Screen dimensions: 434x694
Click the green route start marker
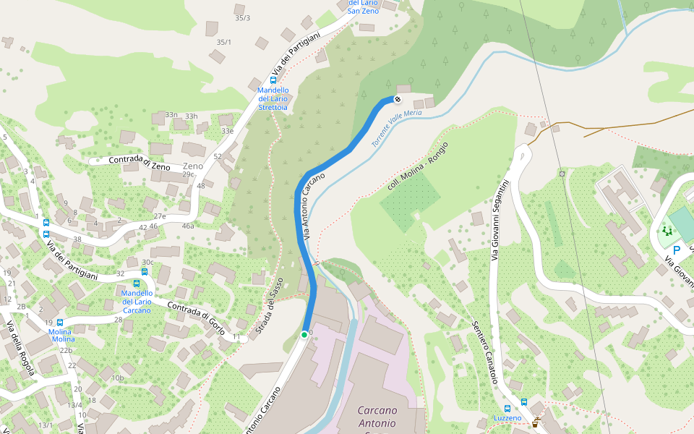304,334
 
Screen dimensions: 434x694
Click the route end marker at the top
397,98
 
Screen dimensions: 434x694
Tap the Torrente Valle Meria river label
396,128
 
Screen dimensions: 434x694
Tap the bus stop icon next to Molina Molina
60,323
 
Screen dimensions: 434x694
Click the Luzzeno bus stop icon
523,402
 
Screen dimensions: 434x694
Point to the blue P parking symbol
677,250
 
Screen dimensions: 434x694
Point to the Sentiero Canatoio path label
484,352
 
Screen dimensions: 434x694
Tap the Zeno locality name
193,166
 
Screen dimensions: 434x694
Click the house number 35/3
242,18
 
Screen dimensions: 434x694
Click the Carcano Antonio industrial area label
377,417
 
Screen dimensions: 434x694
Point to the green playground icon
667,231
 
